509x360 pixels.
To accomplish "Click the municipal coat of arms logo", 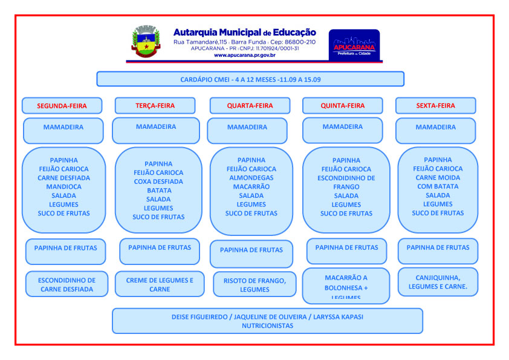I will click(x=145, y=42).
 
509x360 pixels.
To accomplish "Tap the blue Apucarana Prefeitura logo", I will click(x=354, y=44).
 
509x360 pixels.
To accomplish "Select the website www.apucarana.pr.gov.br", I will click(x=244, y=55).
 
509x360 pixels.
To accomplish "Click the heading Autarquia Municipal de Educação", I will click(x=244, y=32).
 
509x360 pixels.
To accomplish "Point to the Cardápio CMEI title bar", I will click(x=250, y=79).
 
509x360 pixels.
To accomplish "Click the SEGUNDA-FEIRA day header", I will click(x=62, y=106).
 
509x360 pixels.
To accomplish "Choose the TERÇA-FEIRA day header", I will click(x=155, y=106).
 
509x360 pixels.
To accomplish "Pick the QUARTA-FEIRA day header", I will click(x=250, y=106).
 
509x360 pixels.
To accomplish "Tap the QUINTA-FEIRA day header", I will click(x=343, y=106).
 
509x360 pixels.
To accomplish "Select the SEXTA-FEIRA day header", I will click(x=435, y=106).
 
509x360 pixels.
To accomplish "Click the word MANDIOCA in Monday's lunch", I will click(x=63, y=187).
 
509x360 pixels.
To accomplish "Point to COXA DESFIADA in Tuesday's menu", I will click(x=158, y=182).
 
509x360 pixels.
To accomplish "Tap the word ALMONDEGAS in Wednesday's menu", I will click(x=251, y=178).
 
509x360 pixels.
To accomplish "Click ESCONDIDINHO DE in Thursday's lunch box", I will click(x=346, y=178).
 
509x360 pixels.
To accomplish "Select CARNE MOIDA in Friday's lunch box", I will click(x=438, y=178).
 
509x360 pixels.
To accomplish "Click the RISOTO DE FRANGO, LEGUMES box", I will click(x=254, y=285).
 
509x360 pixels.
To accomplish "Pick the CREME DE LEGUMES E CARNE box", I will click(x=160, y=285).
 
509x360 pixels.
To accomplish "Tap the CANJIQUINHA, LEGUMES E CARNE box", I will click(x=438, y=282).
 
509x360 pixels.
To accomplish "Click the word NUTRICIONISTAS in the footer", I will click(x=267, y=326).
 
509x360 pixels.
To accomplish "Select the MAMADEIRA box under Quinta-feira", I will click(x=343, y=128).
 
